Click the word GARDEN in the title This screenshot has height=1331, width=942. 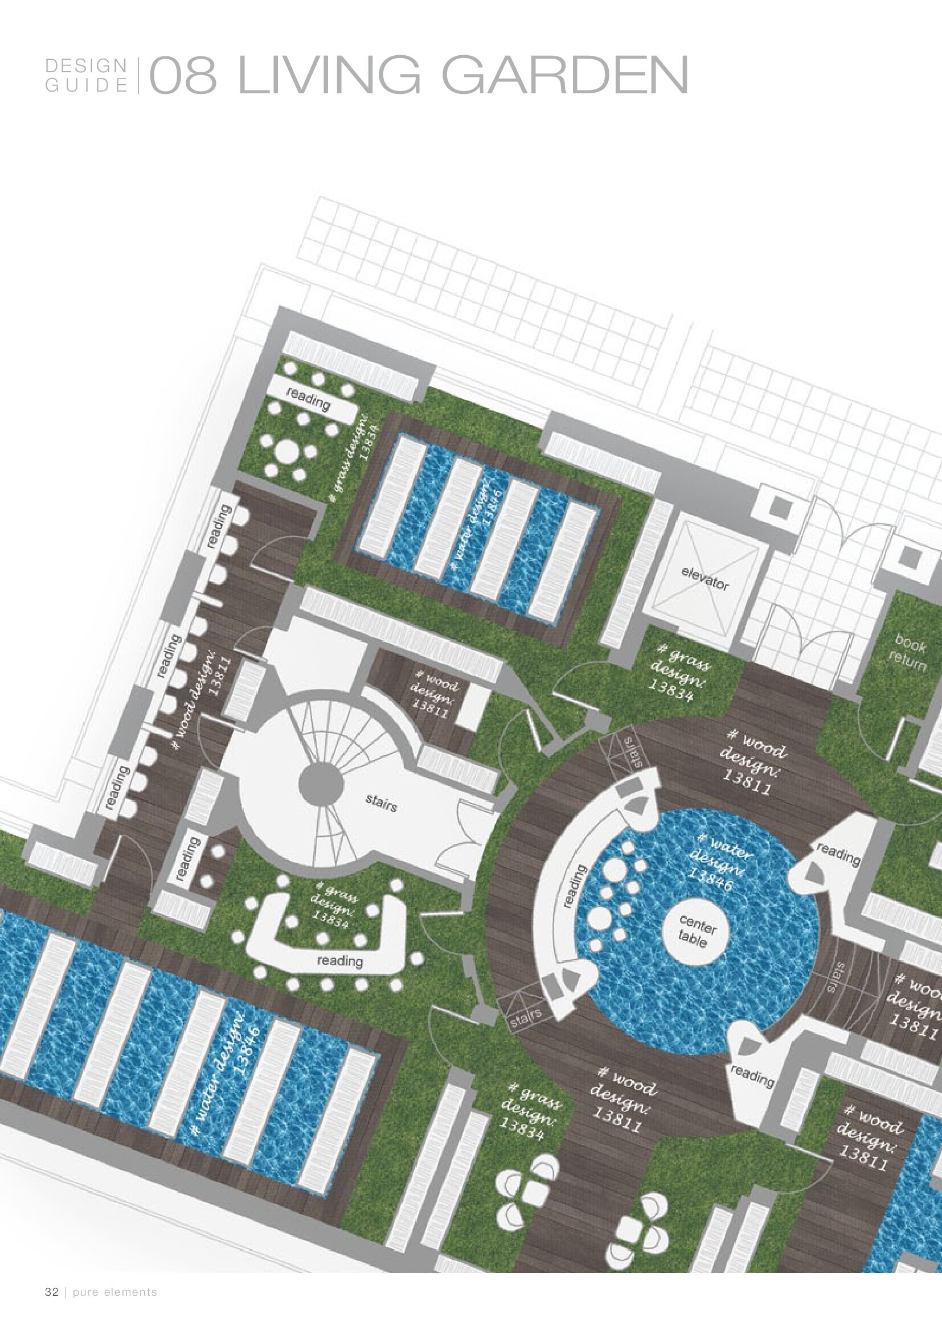tap(565, 75)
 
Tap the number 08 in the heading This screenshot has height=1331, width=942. tap(183, 75)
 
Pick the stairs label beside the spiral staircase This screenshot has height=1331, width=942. tap(381, 803)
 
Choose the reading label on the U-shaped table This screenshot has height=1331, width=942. tap(340, 961)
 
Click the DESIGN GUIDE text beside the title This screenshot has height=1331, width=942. tap(87, 75)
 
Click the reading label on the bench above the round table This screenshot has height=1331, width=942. tap(308, 399)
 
